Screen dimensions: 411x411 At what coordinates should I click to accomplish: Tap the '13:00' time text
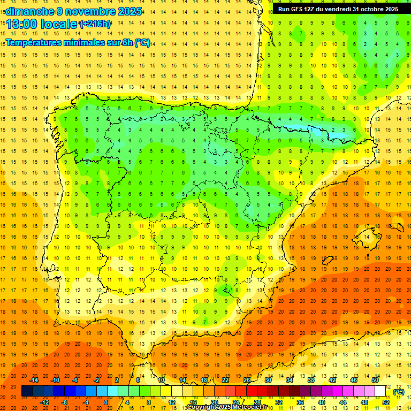click(x=21, y=24)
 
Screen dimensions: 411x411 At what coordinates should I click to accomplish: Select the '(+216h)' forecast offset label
click(x=95, y=24)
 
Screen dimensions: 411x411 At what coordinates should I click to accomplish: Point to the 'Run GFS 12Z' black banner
click(x=338, y=9)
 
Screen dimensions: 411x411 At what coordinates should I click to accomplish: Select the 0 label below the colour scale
click(x=106, y=402)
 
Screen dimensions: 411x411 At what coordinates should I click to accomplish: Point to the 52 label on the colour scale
click(x=386, y=402)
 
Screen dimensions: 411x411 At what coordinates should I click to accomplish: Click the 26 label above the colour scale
click(x=247, y=380)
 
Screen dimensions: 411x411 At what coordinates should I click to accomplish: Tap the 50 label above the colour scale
click(x=375, y=380)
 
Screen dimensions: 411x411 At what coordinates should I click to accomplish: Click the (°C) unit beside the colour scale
click(x=399, y=392)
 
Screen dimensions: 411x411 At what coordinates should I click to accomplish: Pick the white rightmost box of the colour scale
click(x=380, y=391)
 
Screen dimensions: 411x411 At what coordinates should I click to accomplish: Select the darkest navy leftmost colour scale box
click(x=27, y=391)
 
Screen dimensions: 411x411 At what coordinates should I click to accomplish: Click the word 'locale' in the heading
click(x=58, y=24)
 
